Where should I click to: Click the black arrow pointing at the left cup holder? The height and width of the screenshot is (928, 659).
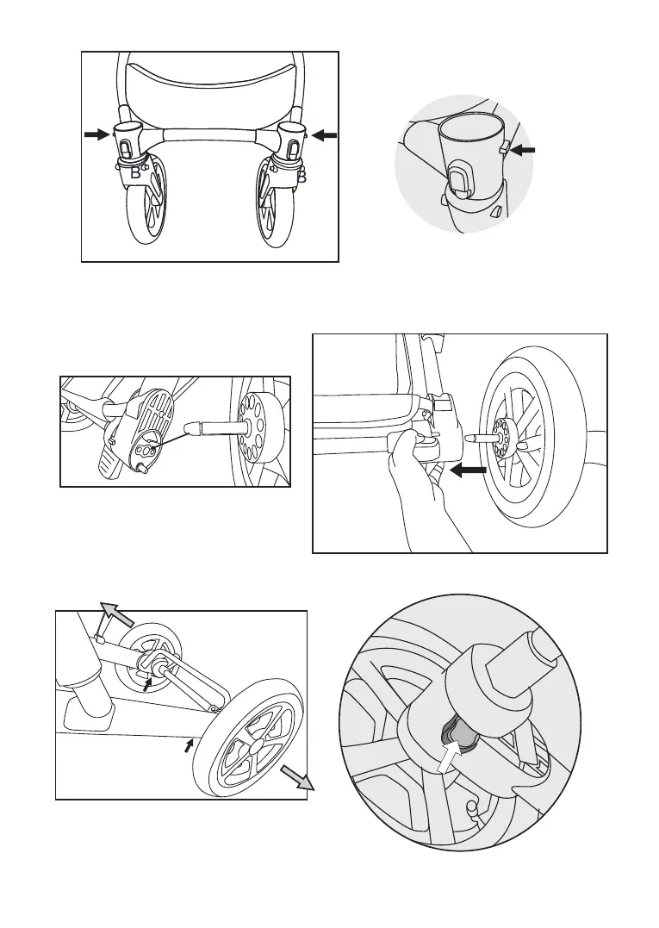click(97, 134)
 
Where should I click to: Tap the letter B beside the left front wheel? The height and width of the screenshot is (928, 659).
click(134, 175)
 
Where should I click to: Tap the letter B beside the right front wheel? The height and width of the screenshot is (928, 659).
click(301, 177)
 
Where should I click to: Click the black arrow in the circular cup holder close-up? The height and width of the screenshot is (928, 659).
click(521, 149)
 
